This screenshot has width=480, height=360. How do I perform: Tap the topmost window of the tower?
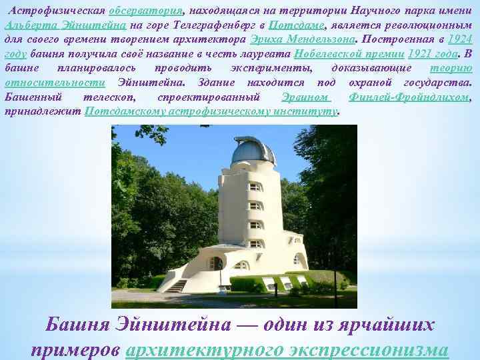[255, 187]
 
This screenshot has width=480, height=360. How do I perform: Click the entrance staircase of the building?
[177, 285]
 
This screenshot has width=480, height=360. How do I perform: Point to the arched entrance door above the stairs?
[216, 263]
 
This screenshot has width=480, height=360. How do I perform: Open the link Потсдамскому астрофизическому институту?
[212, 111]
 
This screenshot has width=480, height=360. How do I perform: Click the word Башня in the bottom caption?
[77, 326]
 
